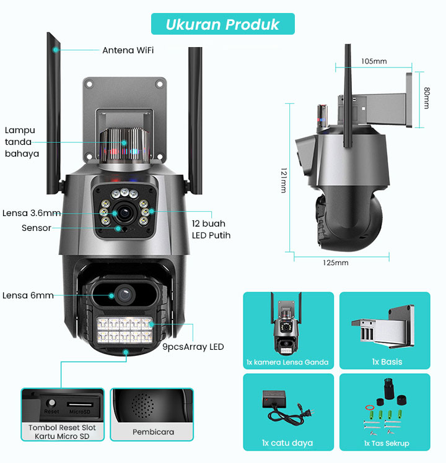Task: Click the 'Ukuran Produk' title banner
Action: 223,24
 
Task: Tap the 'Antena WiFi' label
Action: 128,50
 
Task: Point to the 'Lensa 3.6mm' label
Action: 32,213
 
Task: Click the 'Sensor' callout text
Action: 37,228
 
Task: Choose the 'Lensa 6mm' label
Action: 28,295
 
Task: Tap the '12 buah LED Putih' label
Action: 215,229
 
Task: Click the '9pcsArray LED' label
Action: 193,347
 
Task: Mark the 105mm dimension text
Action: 374,61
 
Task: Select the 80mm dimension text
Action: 426,98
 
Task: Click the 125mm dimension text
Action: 335,262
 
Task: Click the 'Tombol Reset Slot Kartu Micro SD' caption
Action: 62,432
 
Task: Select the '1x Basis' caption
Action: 387,361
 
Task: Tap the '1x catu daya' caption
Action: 287,443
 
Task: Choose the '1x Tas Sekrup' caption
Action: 387,443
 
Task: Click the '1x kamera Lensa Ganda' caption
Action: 287,362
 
